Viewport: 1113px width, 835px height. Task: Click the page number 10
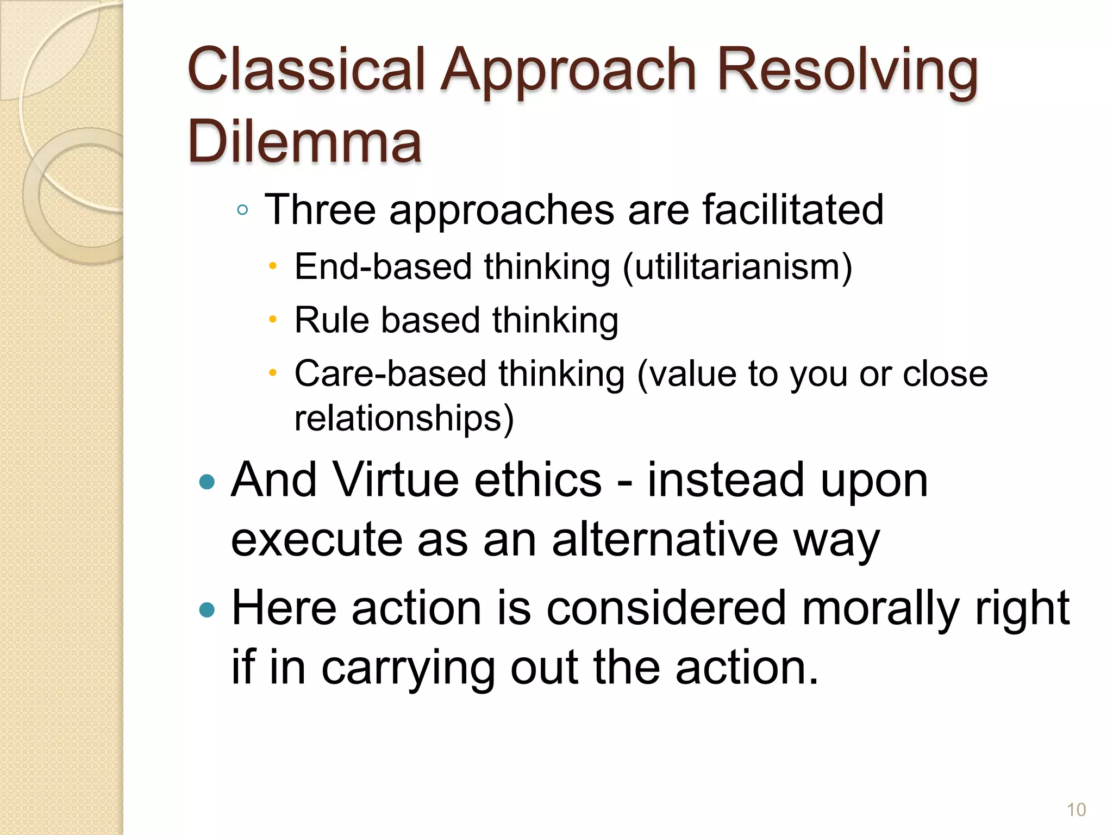point(1076,810)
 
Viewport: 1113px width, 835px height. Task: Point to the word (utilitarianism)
point(737,267)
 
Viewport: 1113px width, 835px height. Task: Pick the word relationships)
point(404,419)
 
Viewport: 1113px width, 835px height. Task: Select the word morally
point(880,608)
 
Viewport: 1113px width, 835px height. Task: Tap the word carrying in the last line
point(408,668)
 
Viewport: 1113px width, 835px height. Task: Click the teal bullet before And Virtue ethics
point(207,482)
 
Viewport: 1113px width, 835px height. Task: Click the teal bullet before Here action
point(207,610)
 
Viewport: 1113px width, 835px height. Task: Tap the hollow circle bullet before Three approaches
point(242,210)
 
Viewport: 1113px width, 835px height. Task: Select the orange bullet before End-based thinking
point(273,266)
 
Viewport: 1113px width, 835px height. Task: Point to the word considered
point(666,608)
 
